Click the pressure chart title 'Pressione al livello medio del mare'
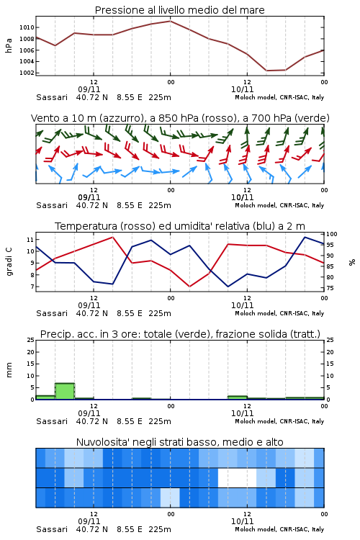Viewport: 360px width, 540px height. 179,10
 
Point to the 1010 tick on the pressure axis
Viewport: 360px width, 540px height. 27,27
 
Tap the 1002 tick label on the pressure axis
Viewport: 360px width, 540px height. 27,73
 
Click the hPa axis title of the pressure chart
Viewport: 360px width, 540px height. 9,45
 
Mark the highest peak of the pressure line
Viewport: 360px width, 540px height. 170,21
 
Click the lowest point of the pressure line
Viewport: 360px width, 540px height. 266,71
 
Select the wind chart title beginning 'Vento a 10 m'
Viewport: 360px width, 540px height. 180,118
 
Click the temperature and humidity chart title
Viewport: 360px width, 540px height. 180,226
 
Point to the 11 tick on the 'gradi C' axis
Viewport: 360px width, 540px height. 30,239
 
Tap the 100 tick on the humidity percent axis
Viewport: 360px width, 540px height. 332,234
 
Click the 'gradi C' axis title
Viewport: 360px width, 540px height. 9,261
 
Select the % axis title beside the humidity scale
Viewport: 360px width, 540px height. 352,262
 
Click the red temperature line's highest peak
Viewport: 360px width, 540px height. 112,237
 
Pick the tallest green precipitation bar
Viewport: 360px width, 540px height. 65,391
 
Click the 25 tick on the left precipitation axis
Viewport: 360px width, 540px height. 31,340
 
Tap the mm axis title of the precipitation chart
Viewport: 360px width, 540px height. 9,370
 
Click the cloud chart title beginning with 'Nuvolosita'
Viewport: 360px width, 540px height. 179,442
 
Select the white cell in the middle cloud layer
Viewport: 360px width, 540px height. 238,477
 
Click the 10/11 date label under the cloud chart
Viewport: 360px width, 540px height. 242,521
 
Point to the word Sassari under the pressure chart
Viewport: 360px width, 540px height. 52,97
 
